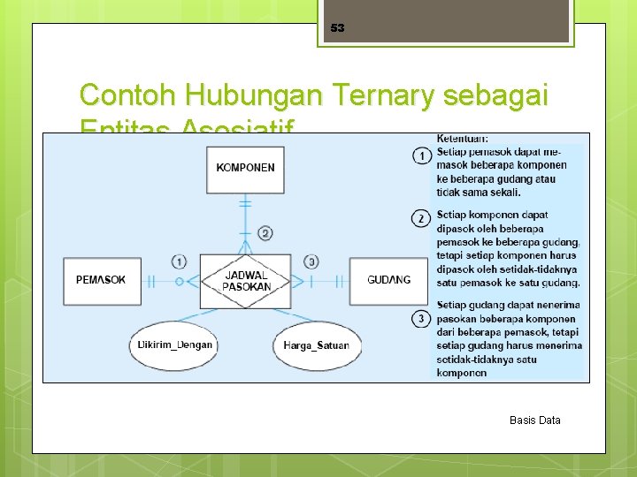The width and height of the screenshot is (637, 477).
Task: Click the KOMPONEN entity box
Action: (x=245, y=167)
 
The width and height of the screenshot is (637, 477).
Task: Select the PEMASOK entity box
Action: (x=101, y=280)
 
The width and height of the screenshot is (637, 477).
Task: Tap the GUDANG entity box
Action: (x=388, y=280)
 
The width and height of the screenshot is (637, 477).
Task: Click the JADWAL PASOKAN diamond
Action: (x=246, y=281)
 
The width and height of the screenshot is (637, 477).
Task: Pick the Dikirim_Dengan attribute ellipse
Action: (x=175, y=344)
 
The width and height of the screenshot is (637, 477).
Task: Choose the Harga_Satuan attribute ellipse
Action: (x=317, y=344)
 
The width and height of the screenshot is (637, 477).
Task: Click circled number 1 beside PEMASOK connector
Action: (x=180, y=261)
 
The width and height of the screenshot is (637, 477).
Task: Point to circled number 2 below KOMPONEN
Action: (x=265, y=233)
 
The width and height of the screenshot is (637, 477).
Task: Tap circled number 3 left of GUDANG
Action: (x=311, y=261)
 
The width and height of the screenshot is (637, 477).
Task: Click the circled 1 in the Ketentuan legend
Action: (x=422, y=156)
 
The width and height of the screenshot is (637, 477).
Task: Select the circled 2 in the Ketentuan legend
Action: (x=422, y=218)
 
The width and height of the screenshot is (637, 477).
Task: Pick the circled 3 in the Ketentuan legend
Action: (x=422, y=318)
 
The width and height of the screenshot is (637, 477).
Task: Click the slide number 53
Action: (x=337, y=28)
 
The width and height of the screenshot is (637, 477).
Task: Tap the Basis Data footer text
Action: (x=534, y=420)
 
